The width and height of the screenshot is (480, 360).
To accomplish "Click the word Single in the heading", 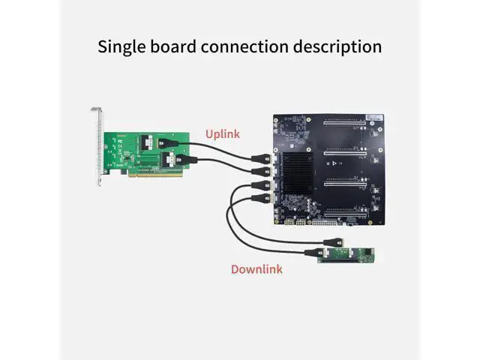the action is pos(121,47).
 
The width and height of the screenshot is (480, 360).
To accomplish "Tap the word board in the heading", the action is pos(173,46).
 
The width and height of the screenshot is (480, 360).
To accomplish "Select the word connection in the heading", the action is pos(245,46).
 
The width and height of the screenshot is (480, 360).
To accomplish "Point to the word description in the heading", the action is pos(337,47).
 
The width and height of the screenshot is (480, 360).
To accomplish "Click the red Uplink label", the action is pos(223,134).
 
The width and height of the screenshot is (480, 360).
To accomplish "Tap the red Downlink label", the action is pos(256,269).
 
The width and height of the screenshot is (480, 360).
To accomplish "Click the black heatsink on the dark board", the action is pos(298,172).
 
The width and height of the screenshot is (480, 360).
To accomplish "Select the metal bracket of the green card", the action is pos(98,146).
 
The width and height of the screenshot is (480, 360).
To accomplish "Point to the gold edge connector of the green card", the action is pos(156,174).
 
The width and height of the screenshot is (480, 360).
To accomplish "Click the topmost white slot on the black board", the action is pos(345,123).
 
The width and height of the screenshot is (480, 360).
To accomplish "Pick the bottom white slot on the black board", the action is pos(345,214).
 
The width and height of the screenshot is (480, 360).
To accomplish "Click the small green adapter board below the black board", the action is pos(346,255).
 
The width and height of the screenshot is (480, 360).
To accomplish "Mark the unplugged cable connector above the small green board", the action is pos(333,242).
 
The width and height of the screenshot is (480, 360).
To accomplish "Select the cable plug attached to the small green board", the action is pos(314,253).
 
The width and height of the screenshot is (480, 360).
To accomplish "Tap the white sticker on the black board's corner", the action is pos(375,118).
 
